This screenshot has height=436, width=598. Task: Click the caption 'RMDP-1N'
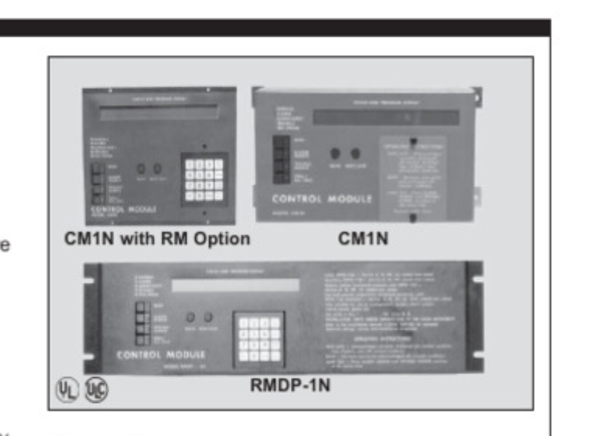tap(290, 385)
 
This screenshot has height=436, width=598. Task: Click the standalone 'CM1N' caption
tap(363, 239)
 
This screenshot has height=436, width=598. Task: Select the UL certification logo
tap(67, 390)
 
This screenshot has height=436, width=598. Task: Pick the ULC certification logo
tap(96, 390)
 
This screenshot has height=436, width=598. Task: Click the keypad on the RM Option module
tap(204, 179)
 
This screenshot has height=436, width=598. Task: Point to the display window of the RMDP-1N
tap(235, 285)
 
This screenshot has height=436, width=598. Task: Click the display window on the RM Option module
tap(159, 112)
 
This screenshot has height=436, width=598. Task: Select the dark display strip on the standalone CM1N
tap(386, 118)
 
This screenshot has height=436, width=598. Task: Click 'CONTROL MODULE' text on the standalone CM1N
tap(322, 199)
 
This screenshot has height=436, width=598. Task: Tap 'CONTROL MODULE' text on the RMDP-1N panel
tap(161, 355)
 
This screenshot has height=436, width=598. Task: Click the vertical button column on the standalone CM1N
tap(281, 159)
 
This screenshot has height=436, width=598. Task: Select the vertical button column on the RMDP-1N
tap(143, 323)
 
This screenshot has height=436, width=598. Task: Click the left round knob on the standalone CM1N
tap(335, 154)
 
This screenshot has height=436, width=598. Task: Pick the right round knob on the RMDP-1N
tap(208, 318)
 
